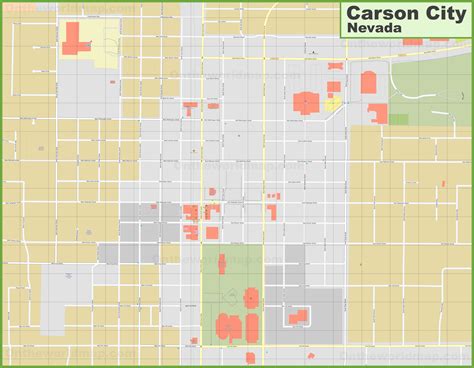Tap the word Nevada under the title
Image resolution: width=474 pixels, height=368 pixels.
point(375,31)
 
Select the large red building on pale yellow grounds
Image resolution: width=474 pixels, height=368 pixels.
point(75,38)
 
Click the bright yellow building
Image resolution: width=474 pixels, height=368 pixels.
point(332,102)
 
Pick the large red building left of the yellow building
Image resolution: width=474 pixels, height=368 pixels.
point(306,102)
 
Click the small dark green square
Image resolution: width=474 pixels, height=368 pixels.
point(399,119)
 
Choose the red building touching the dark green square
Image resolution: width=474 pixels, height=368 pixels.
point(378,113)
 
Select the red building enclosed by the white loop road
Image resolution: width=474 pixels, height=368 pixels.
point(298,317)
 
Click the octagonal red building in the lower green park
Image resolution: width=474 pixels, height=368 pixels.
point(250,297)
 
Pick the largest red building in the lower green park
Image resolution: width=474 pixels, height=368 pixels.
point(228,326)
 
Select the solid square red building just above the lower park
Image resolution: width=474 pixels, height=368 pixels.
point(212,233)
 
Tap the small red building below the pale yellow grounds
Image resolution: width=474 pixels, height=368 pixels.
point(112,82)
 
